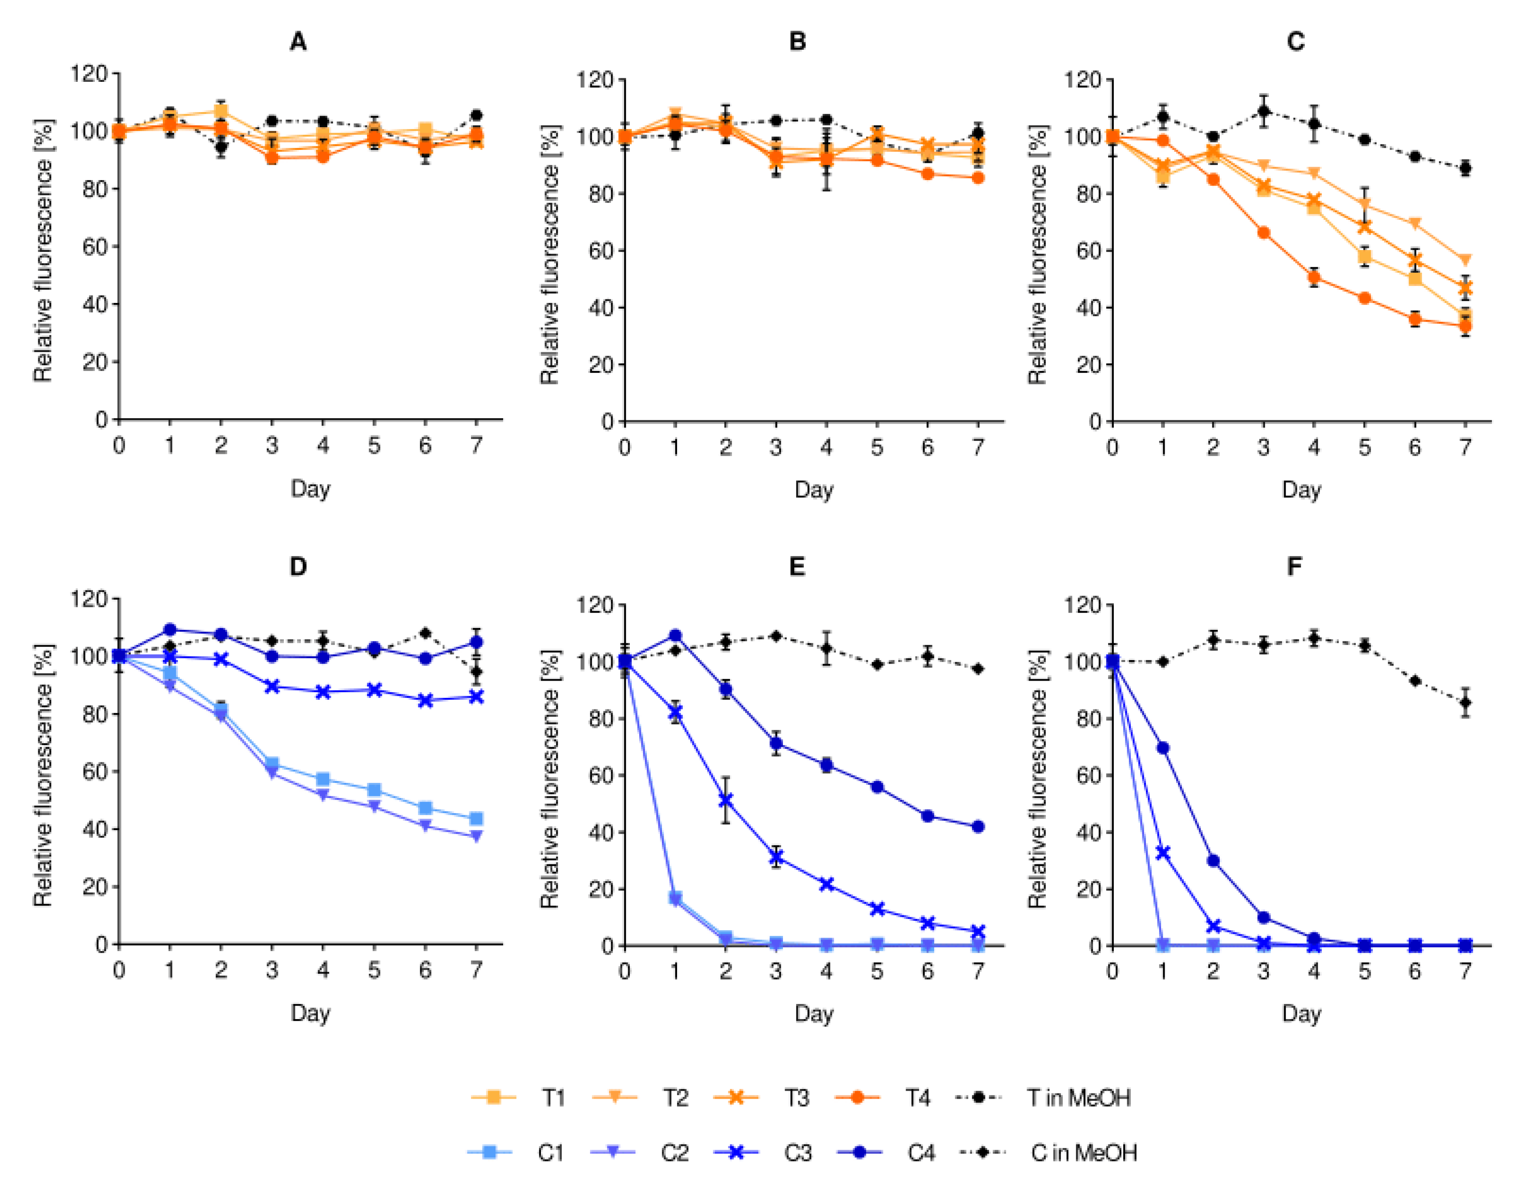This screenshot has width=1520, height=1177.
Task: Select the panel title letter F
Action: [x=1294, y=567]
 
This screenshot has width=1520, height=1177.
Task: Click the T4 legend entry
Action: [x=892, y=1098]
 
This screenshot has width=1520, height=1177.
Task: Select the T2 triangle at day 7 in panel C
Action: [x=1466, y=260]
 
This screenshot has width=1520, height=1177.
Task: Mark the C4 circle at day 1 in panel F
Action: [x=1163, y=748]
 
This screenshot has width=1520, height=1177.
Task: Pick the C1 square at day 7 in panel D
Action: [x=476, y=818]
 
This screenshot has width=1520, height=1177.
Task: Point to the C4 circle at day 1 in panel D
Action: [x=170, y=630]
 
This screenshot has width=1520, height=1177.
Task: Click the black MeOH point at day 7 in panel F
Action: [x=1466, y=702]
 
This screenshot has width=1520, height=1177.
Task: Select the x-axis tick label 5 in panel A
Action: [x=374, y=445]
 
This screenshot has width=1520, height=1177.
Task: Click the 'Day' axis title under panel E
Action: [x=814, y=1013]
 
